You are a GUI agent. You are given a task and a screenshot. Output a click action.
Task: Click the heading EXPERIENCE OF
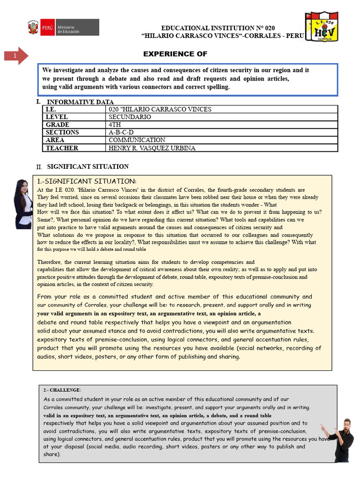pos(175,54)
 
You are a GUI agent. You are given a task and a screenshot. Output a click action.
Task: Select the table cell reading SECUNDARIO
pos(130,117)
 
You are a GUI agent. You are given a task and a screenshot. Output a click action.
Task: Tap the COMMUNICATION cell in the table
pos(137,140)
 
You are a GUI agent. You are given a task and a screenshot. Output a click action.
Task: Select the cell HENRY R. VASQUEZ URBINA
pos(152,148)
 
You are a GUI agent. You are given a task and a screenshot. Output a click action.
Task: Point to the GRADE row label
pos(58,125)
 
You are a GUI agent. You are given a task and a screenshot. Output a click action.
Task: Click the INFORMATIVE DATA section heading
pos(80,102)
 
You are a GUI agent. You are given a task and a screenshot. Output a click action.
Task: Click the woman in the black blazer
pos(23,204)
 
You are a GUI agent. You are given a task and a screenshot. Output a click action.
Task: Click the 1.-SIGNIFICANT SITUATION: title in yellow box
pos(87,181)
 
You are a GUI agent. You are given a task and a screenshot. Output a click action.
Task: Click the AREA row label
pos(55,140)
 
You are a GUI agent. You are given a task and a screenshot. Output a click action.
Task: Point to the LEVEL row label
pos(57,117)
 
